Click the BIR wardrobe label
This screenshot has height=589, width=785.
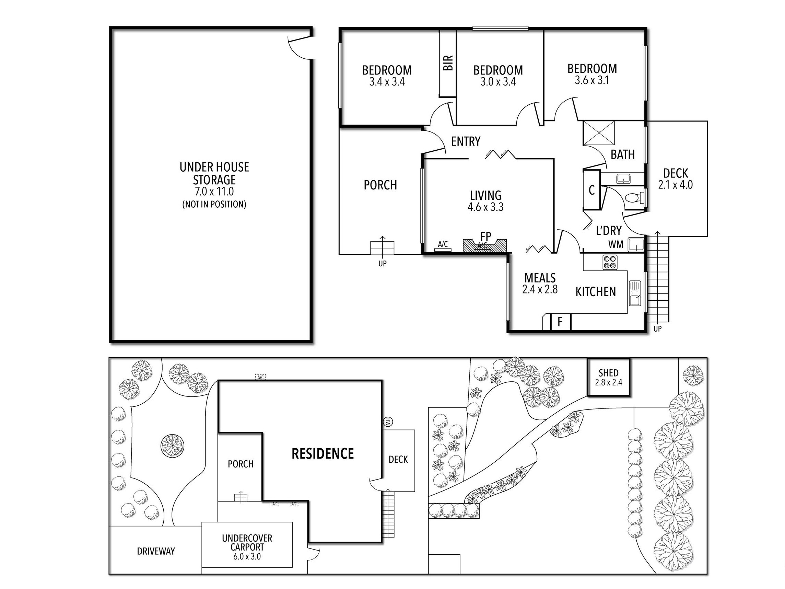pyautogui.click(x=448, y=63)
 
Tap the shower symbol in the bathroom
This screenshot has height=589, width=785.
pyautogui.click(x=599, y=133)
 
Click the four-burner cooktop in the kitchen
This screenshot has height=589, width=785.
pyautogui.click(x=610, y=262)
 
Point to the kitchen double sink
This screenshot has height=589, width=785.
pyautogui.click(x=635, y=293)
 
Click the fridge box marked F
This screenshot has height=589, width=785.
pyautogui.click(x=560, y=322)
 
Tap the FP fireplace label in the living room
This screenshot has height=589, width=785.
pyautogui.click(x=485, y=236)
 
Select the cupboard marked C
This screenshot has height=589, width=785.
pyautogui.click(x=591, y=190)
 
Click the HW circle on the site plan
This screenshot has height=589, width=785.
pyautogui.click(x=388, y=422)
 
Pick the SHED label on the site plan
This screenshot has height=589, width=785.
pyautogui.click(x=608, y=373)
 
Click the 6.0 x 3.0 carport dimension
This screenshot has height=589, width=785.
pyautogui.click(x=247, y=556)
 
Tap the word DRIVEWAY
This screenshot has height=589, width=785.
pyautogui.click(x=156, y=551)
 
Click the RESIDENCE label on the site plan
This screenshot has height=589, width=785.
pyautogui.click(x=323, y=454)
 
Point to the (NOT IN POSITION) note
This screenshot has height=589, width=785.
pyautogui.click(x=214, y=204)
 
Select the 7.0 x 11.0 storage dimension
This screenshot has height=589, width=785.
pyautogui.click(x=214, y=192)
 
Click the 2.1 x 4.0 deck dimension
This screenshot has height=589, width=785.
pyautogui.click(x=675, y=185)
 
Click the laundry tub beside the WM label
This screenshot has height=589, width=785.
pyautogui.click(x=636, y=245)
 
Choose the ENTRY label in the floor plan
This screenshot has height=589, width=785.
pyautogui.click(x=466, y=141)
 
